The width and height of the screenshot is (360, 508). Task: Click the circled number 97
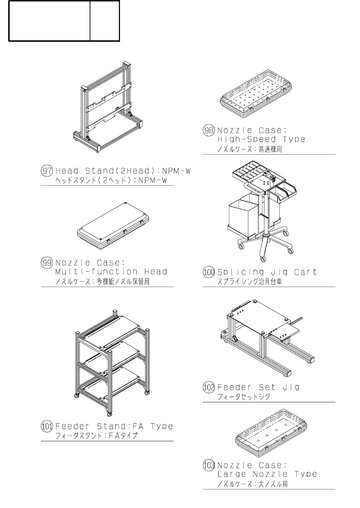pos(47,171)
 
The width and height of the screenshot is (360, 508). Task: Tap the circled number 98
pos(209,130)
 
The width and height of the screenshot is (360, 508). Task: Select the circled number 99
pos(47,263)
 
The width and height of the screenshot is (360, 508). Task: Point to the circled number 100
pos(209,272)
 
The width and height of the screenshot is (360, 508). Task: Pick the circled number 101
pos(47,426)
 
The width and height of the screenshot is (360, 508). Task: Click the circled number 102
pos(209,387)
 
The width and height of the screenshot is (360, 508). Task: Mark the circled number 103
pos(209,465)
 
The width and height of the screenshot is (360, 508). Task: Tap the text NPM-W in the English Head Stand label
pos(175,171)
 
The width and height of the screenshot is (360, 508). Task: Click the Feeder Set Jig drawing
pos(264,336)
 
